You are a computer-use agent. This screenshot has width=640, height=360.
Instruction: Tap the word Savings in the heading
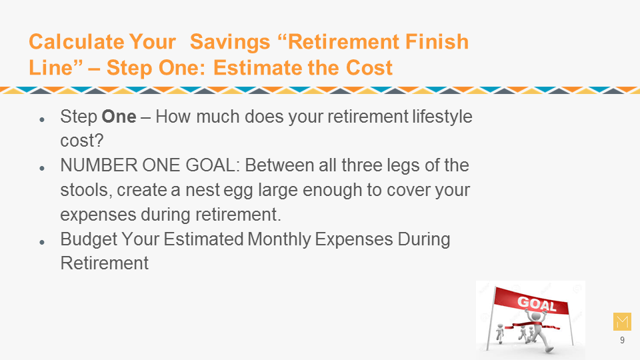tap(230, 41)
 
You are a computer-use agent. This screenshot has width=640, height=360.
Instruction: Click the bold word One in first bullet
tap(119, 117)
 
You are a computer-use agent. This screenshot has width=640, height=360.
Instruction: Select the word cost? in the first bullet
tap(81, 141)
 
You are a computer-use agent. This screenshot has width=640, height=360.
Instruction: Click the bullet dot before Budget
tap(41, 242)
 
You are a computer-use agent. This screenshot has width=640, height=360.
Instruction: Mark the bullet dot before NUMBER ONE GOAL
tap(41, 168)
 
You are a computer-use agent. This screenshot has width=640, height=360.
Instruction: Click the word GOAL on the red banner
tap(537, 304)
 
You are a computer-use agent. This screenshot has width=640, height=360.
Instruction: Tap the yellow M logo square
tap(622, 321)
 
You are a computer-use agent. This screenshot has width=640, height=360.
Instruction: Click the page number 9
tap(622, 341)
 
